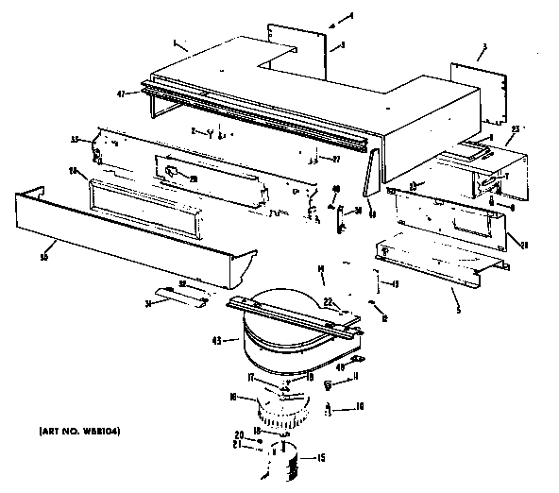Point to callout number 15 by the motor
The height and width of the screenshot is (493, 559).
320,459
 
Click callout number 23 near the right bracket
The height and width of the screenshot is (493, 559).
516,128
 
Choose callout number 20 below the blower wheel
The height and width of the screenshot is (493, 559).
239,435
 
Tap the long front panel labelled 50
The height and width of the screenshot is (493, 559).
132,236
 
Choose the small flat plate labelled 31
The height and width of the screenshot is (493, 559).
181,297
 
